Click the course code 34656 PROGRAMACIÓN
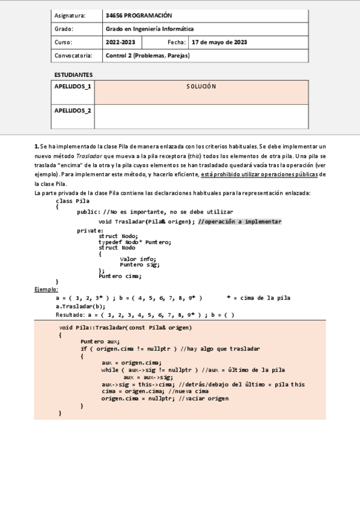(138, 15)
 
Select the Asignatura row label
(70, 15)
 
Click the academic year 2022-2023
(120, 42)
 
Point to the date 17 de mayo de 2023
(219, 42)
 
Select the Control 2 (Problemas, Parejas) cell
(147, 55)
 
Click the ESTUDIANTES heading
(73, 75)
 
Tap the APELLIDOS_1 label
(73, 87)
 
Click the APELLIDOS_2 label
(73, 111)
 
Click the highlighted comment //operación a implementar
(239, 221)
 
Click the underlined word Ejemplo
(47, 289)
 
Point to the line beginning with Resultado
(144, 314)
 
